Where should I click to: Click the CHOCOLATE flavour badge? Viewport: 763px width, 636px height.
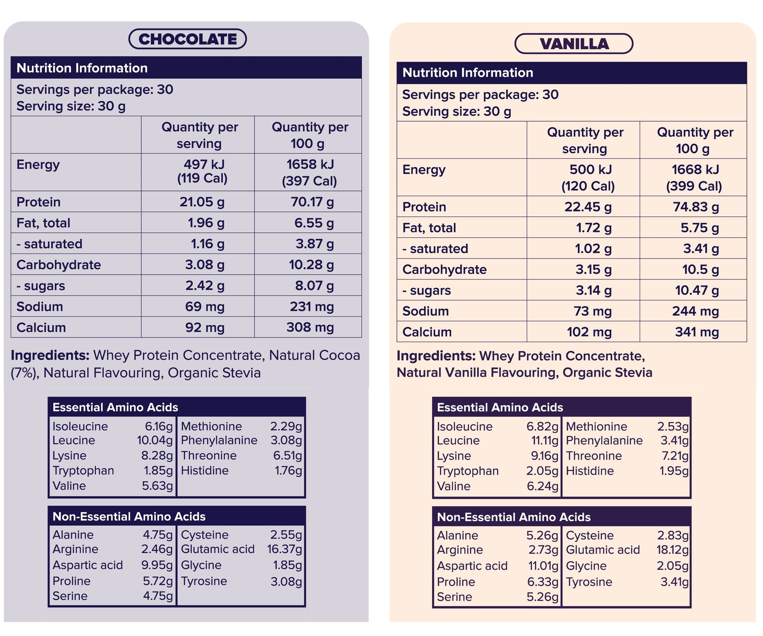tap(187, 39)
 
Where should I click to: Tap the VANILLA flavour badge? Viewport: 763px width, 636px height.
tap(574, 44)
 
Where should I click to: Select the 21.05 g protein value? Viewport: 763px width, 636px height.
tap(202, 202)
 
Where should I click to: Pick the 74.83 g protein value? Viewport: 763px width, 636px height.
tap(696, 207)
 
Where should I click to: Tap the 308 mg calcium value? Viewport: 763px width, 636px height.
tap(310, 328)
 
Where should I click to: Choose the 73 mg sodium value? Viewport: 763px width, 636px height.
tap(592, 311)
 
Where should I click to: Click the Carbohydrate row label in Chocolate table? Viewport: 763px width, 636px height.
tap(59, 265)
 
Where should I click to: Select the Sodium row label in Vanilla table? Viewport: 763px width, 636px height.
tap(425, 311)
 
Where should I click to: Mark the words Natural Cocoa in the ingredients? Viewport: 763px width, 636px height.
tap(314, 355)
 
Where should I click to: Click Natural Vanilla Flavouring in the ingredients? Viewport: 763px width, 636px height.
tap(477, 373)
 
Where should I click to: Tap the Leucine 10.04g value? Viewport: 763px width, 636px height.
tap(155, 440)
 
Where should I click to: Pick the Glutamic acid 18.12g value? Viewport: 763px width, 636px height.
tap(672, 550)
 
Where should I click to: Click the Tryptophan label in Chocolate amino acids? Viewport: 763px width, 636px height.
tap(83, 471)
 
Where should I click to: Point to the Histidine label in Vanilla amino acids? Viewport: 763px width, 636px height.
tap(590, 471)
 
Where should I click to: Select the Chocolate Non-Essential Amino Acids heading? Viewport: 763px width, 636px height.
tap(129, 516)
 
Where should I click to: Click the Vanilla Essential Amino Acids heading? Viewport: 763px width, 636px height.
tap(500, 407)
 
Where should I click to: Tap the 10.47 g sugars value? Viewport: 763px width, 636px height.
tap(697, 290)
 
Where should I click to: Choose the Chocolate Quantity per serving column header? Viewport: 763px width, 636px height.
tap(199, 135)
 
